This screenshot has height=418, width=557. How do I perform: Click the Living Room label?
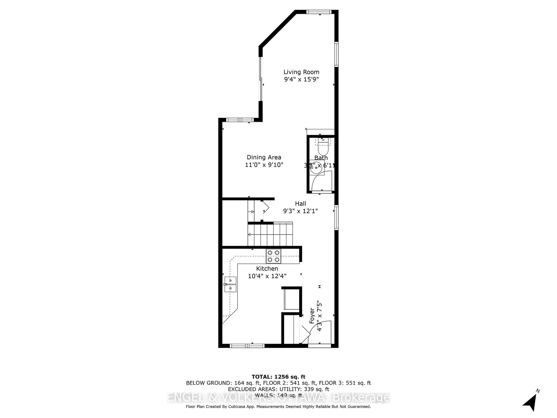301,72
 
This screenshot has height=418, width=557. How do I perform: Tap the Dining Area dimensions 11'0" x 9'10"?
264,165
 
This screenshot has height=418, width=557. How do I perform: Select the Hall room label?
300,204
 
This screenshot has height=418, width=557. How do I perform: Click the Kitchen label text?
267,269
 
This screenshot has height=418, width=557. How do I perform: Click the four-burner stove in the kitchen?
273,256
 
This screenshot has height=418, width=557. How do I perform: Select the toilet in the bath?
323,149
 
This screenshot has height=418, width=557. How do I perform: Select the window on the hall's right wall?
336,217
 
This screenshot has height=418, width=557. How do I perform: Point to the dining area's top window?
240,120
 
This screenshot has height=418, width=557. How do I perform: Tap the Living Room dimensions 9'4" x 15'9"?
301,79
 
